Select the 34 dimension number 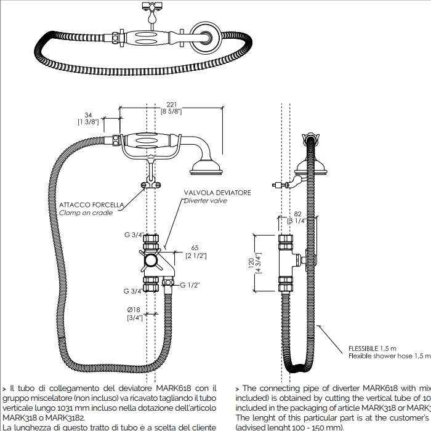pos(88,114)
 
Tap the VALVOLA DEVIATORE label pos(217,193)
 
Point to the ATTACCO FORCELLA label pos(92,204)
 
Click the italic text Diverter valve pos(206,201)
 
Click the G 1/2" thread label pos(190,285)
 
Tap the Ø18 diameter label pos(135,309)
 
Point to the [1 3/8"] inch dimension pos(88,122)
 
